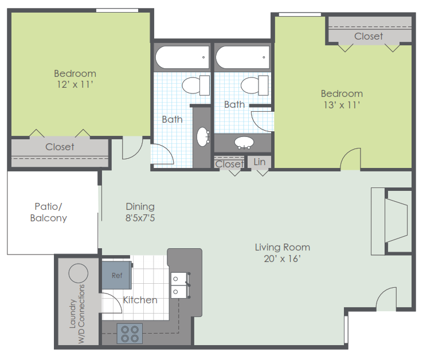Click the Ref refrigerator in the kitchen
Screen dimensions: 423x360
117,275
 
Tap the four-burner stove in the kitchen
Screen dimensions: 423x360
130,334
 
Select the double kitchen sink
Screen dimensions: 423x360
180,285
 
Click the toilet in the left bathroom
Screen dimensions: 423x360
196,85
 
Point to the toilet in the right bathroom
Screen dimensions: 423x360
254,85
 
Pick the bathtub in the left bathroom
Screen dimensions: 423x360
182,57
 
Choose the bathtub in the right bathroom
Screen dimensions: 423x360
242,57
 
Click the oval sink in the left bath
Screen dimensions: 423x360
203,137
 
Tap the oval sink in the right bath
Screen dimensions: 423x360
244,143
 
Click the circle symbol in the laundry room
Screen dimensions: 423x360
78,273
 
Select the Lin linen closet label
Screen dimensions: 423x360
259,162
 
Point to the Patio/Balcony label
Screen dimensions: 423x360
49,212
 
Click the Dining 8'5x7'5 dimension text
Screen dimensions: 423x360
140,217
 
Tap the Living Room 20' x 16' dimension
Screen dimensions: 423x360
282,259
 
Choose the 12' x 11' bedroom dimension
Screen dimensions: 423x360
75,84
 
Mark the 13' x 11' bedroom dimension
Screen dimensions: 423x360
342,105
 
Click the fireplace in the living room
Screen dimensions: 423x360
391,221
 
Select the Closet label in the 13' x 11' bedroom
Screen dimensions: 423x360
369,36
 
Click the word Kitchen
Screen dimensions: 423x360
140,300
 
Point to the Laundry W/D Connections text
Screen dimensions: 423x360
77,314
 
